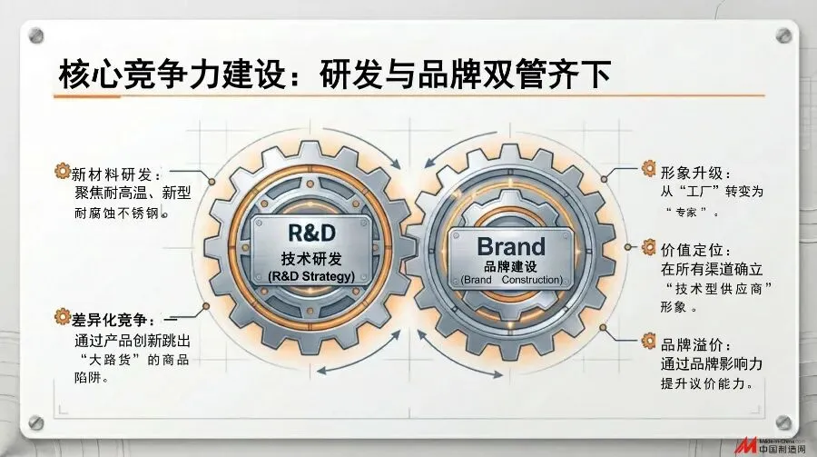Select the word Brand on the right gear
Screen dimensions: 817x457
(x=511, y=245)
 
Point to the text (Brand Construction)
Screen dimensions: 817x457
(x=511, y=280)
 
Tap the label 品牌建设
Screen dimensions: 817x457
(x=511, y=266)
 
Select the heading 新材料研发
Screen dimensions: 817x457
(x=114, y=173)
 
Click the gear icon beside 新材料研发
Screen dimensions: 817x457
(x=63, y=170)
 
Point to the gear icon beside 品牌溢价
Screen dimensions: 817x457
(x=649, y=342)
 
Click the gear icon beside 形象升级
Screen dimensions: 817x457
(x=649, y=168)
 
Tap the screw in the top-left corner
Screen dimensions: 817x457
(x=35, y=35)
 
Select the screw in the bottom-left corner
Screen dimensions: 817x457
(x=35, y=422)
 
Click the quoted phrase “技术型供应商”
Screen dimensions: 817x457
(x=717, y=288)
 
